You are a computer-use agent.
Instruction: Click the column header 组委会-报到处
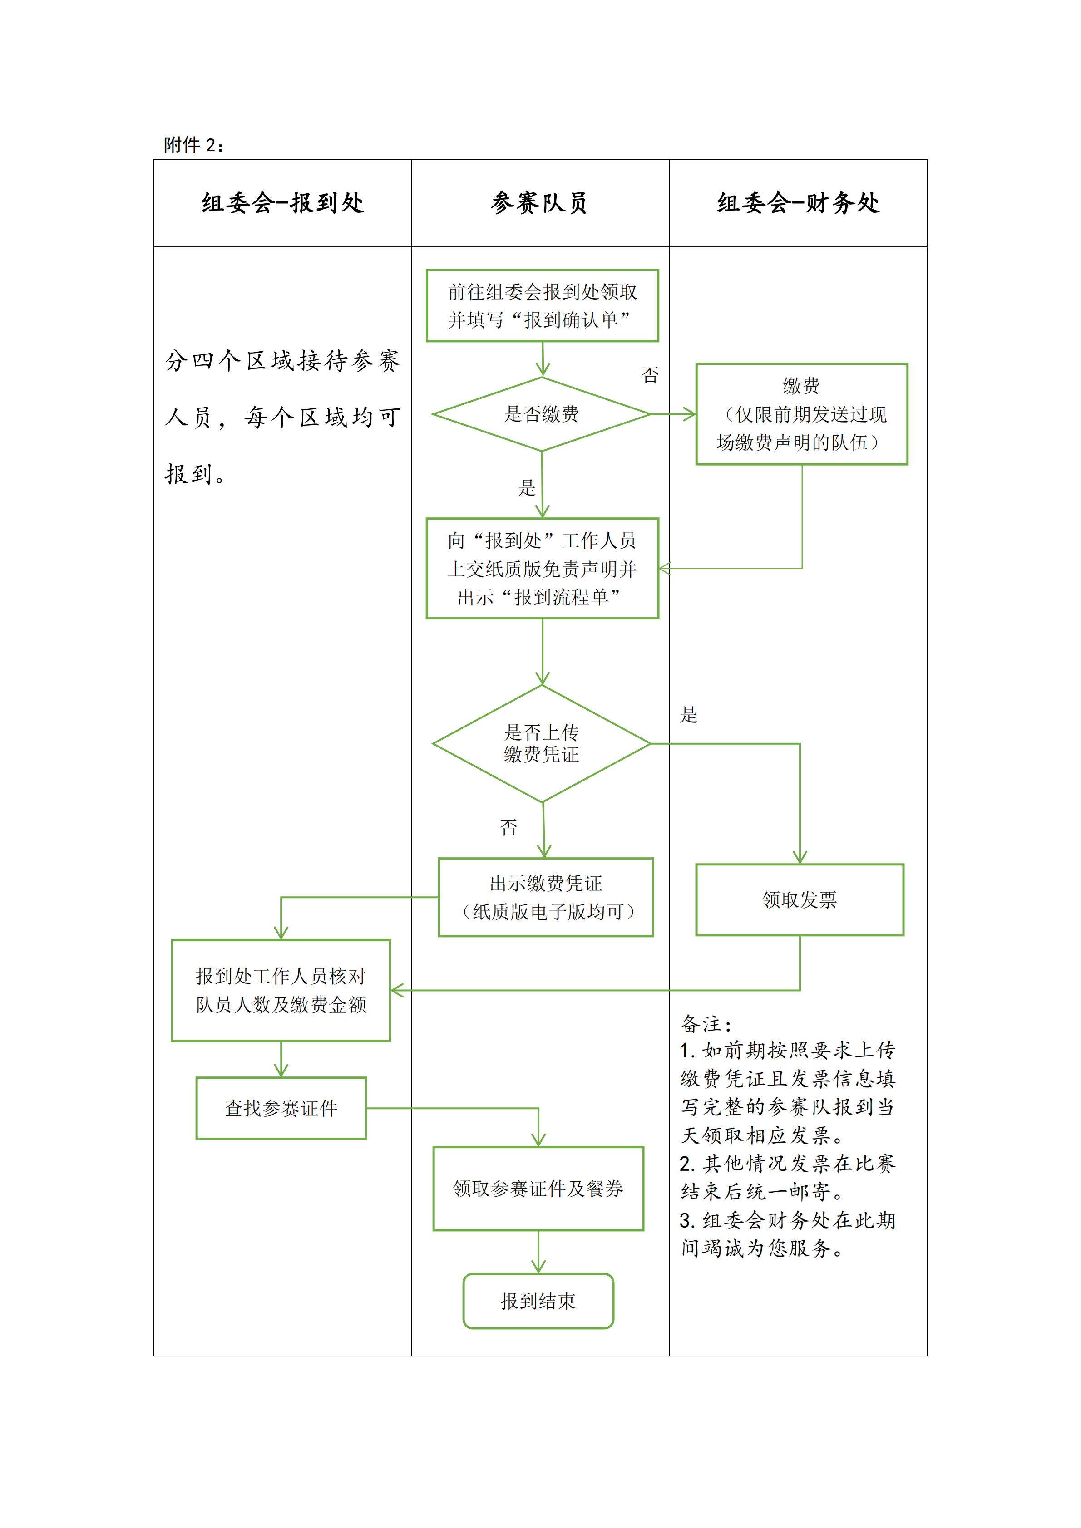pyautogui.click(x=283, y=203)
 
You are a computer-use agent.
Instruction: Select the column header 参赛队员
pyautogui.click(x=540, y=203)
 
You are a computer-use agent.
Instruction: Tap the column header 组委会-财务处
pyautogui.click(x=798, y=203)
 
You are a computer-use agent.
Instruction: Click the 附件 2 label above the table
pyautogui.click(x=193, y=145)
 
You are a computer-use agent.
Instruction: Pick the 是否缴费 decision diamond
pyautogui.click(x=542, y=414)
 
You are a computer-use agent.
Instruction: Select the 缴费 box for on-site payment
pyautogui.click(x=801, y=414)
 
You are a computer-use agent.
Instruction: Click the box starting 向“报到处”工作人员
pyautogui.click(x=543, y=568)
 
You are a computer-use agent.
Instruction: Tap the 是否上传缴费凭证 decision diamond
pyautogui.click(x=542, y=743)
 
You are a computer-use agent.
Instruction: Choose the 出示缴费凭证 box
pyautogui.click(x=546, y=897)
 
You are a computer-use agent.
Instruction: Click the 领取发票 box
pyautogui.click(x=800, y=900)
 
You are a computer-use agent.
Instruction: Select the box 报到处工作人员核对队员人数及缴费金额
pyautogui.click(x=281, y=990)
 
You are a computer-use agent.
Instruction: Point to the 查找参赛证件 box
pyautogui.click(x=281, y=1108)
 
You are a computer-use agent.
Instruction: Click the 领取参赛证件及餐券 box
pyautogui.click(x=538, y=1189)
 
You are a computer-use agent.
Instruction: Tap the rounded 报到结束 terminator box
pyautogui.click(x=538, y=1301)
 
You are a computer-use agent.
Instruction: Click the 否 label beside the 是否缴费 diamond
pyautogui.click(x=650, y=375)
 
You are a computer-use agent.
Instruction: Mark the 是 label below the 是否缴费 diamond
pyautogui.click(x=527, y=488)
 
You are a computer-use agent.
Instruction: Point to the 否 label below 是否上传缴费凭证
pyautogui.click(x=508, y=827)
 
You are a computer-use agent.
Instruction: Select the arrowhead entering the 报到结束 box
pyautogui.click(x=538, y=1267)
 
